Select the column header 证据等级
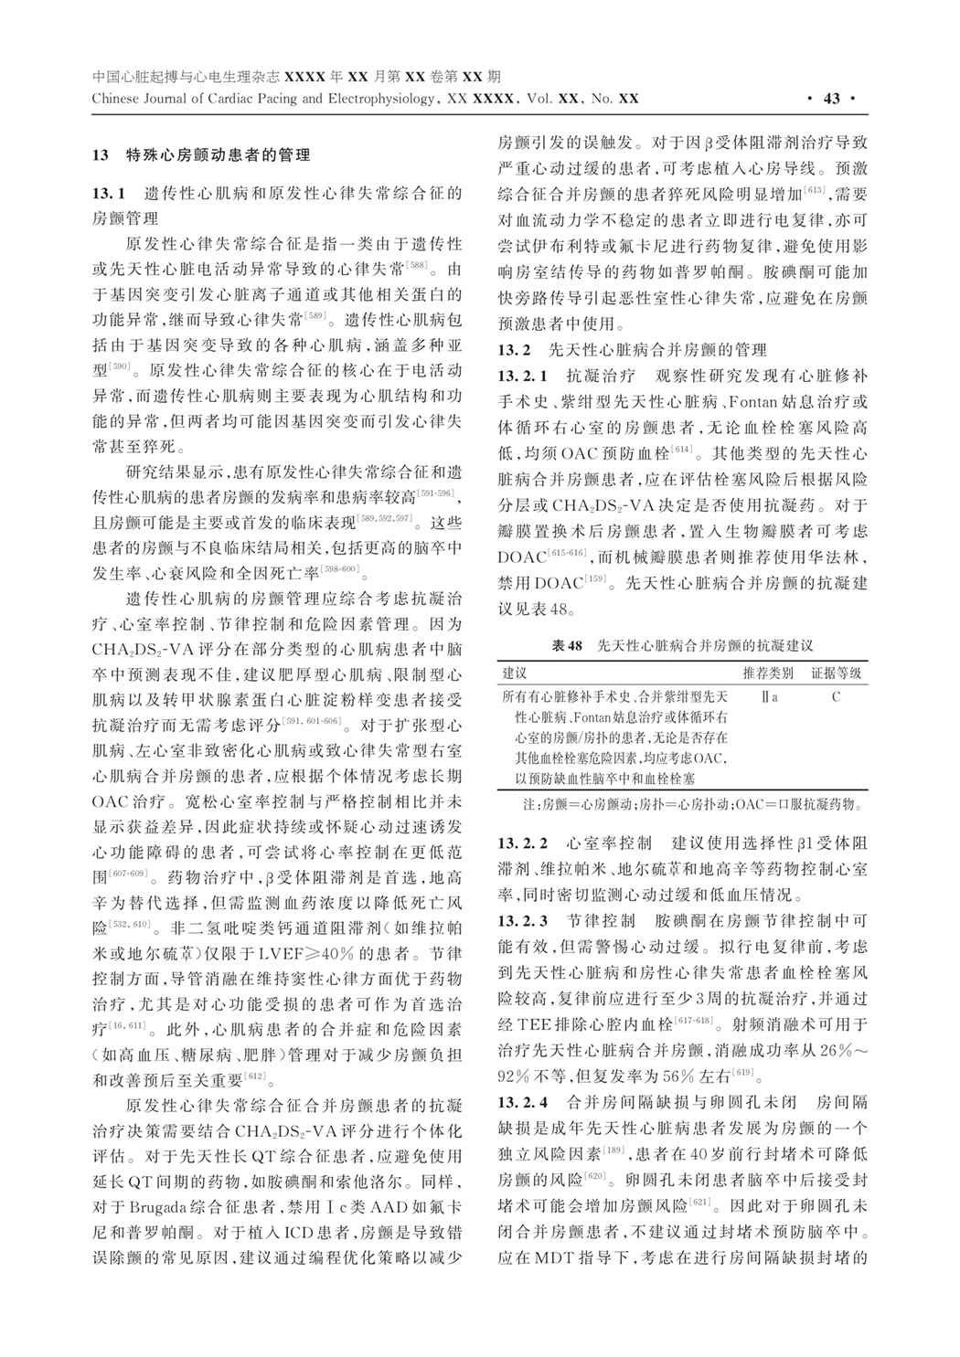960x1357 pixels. (836, 673)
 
